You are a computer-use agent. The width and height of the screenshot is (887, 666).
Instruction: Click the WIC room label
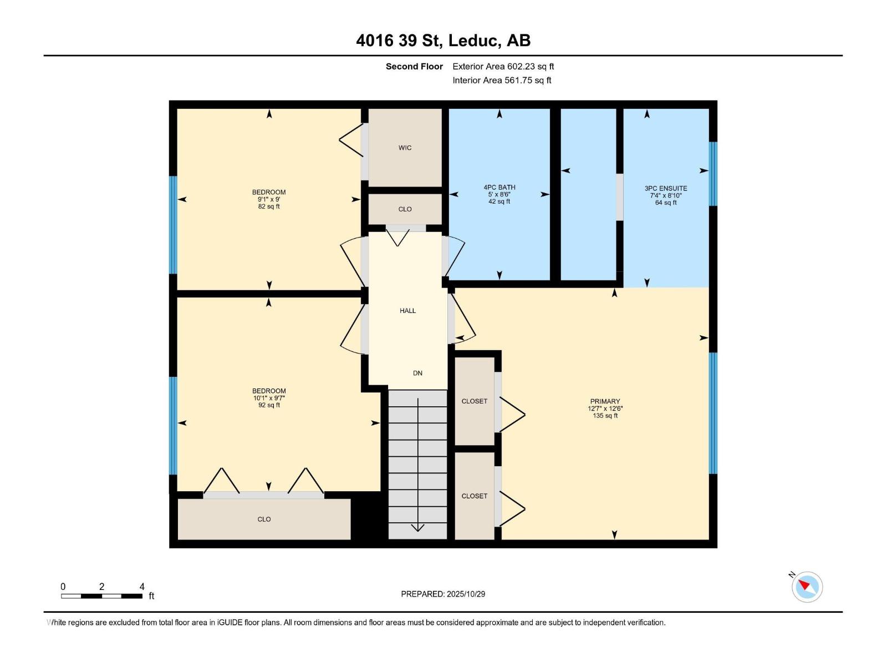(405, 148)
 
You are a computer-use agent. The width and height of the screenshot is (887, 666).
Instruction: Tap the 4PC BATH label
(499, 188)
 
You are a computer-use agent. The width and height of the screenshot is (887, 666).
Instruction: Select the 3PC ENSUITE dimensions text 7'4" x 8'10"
(666, 195)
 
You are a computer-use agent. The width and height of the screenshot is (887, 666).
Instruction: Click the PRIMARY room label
(605, 401)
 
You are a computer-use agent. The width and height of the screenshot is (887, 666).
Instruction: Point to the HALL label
(407, 311)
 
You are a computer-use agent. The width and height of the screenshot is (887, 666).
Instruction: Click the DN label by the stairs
(417, 373)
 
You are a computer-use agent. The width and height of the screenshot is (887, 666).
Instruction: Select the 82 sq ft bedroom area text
(269, 206)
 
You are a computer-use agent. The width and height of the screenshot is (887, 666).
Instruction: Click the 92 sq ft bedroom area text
(269, 405)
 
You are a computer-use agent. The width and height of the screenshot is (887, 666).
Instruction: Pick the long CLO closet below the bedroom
(264, 519)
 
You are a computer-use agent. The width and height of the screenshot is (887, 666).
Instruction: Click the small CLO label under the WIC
(405, 209)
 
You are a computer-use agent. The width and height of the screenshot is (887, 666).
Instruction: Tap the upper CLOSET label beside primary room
(475, 401)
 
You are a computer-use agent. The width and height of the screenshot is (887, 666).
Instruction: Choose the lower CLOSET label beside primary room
(475, 496)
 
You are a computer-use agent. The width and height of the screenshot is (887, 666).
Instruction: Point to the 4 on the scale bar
(142, 587)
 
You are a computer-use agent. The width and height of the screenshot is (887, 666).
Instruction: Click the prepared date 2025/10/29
(466, 594)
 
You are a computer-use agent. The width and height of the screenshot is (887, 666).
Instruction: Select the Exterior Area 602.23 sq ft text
(503, 67)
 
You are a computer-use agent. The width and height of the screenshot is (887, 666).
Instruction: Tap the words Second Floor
(414, 67)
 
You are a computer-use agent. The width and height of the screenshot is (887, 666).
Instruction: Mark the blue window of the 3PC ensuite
(713, 174)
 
